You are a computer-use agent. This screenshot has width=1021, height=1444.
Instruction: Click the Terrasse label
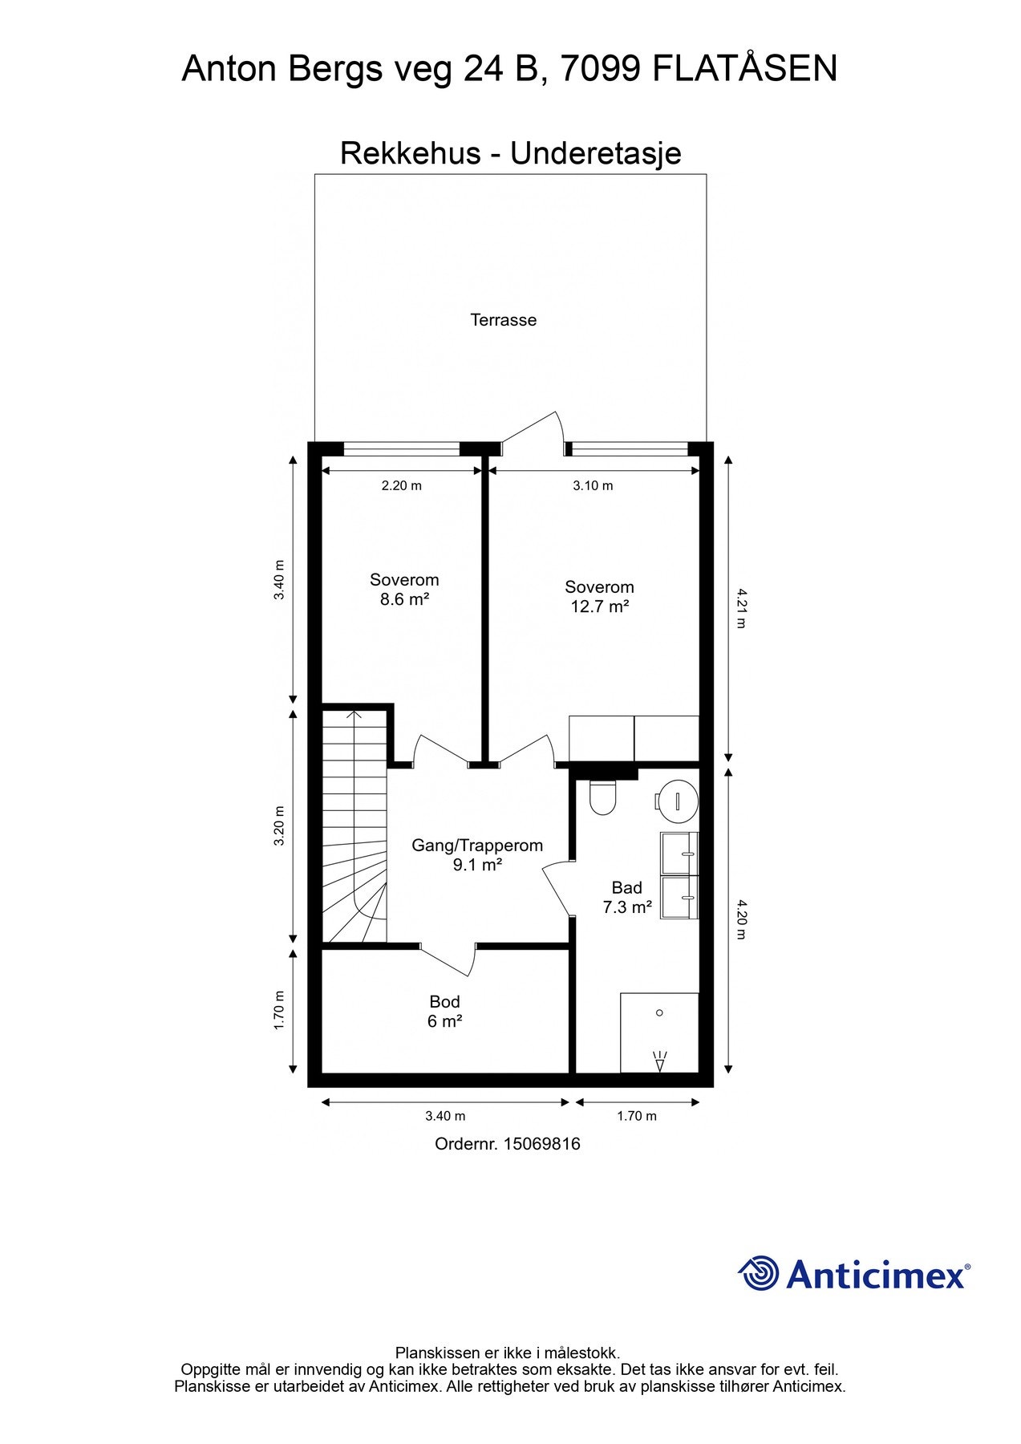[x=503, y=320]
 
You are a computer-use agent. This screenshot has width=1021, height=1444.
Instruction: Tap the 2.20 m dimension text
[x=401, y=485]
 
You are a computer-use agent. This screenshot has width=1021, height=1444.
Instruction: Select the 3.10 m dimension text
[x=593, y=485]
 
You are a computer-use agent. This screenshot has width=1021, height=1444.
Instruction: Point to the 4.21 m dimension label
[x=739, y=608]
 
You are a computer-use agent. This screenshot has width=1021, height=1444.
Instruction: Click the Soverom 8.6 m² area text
[x=404, y=590]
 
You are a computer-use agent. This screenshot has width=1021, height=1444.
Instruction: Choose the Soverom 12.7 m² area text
[x=599, y=597]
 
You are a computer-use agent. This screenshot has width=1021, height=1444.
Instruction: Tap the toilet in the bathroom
[x=602, y=797]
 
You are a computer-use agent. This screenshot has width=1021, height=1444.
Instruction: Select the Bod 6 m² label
[x=444, y=1012]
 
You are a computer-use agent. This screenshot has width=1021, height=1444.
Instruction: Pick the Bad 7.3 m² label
[x=627, y=898]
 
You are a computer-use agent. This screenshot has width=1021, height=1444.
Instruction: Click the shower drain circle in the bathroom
[x=659, y=1013]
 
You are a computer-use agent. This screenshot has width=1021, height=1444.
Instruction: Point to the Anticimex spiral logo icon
[x=759, y=1273]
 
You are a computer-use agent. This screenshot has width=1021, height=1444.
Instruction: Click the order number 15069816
[x=541, y=1144]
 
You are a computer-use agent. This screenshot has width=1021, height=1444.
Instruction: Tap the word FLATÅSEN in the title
[x=745, y=69]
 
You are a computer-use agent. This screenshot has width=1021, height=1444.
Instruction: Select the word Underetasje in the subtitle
[x=596, y=153]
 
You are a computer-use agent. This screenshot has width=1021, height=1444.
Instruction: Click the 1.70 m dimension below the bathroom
[x=637, y=1116]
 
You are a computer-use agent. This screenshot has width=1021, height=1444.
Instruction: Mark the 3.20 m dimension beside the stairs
[x=279, y=825]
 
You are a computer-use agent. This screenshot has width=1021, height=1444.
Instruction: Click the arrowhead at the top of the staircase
[x=354, y=713]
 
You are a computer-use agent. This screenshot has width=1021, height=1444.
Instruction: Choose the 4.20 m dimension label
[x=739, y=919]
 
